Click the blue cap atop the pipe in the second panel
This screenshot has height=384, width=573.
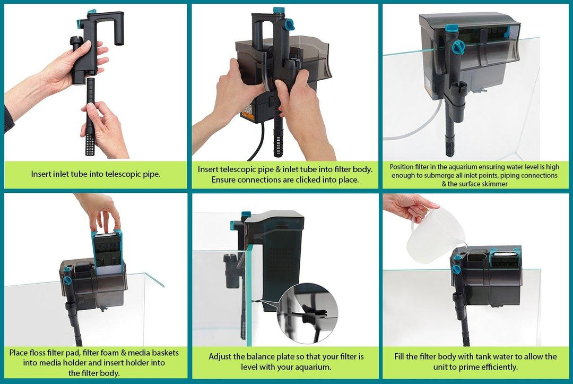pos(277,11)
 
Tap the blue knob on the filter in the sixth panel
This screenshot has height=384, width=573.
pos(456,269)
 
